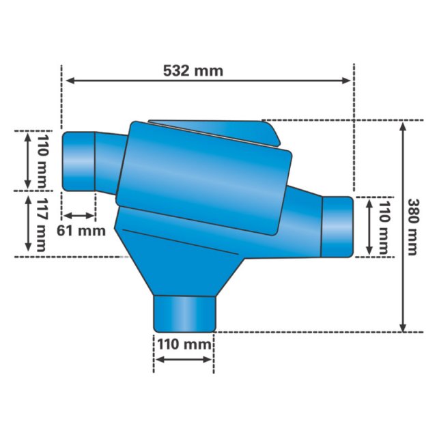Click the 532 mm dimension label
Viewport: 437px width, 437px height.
193,71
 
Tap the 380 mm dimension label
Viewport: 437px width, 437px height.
412,227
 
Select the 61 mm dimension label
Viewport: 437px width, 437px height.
81,231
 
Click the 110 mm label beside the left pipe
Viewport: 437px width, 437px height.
42,163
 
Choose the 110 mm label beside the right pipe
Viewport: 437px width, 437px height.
384,227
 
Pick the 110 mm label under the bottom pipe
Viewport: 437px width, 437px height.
184,344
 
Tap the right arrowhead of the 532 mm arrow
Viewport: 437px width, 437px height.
346,81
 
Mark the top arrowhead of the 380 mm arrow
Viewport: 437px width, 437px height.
402,126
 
